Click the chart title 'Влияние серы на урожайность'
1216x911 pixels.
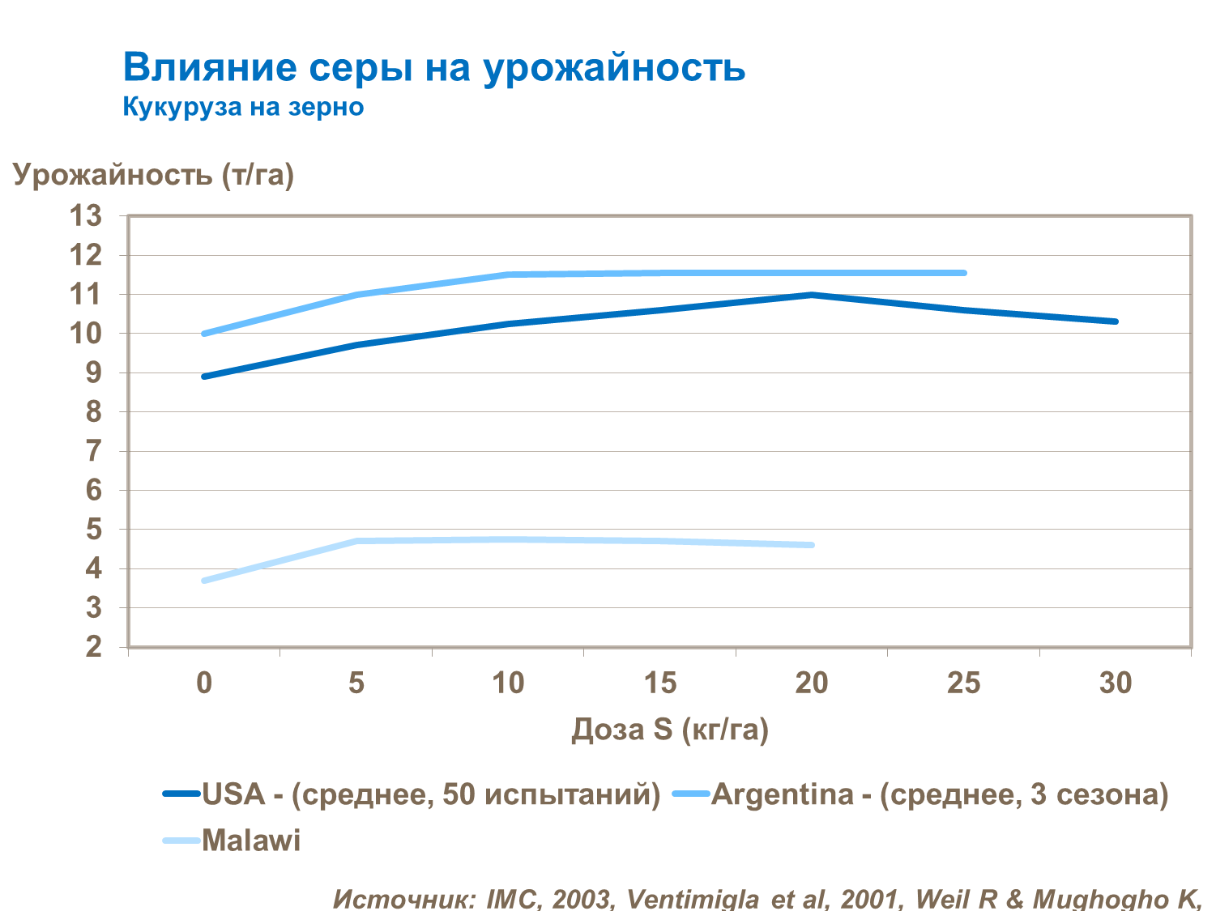coord(433,67)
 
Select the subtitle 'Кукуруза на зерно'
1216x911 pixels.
coord(243,107)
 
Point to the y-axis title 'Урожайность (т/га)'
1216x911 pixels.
coord(153,174)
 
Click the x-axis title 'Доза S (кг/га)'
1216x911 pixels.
coord(670,729)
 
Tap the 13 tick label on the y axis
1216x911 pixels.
coord(86,216)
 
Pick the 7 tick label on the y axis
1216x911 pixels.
coord(94,451)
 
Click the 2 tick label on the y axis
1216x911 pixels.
coord(94,647)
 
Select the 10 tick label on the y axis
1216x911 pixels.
coord(86,334)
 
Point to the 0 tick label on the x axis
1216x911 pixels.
coord(204,683)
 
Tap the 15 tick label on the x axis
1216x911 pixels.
coord(659,683)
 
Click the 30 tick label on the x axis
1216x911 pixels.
coord(1116,683)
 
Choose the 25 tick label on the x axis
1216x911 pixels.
coord(963,683)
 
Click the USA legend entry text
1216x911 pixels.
coord(431,794)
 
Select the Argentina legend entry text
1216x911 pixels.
coord(940,794)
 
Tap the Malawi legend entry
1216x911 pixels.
coord(251,841)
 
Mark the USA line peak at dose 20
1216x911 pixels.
coord(812,295)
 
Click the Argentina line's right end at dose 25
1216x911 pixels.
coord(963,273)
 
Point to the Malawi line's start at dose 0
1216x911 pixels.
coord(204,581)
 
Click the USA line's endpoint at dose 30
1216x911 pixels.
coord(1116,321)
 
